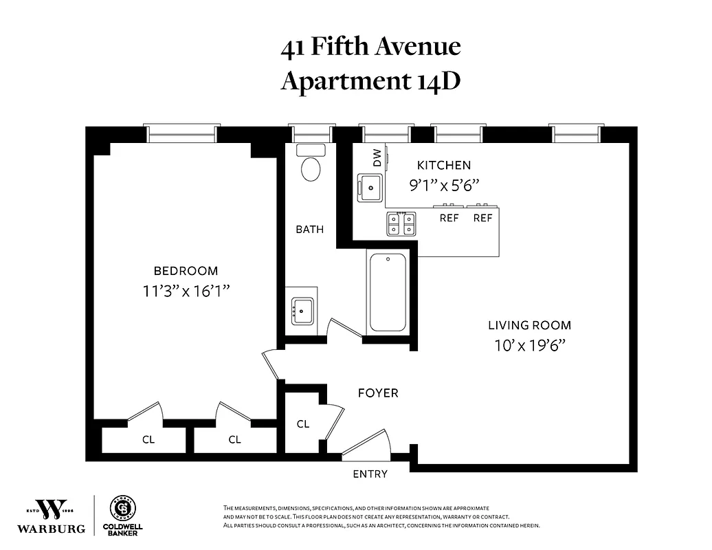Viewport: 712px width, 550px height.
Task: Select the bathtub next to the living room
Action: tap(388, 294)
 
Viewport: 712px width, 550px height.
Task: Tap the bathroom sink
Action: tap(302, 311)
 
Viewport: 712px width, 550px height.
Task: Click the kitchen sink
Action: tap(370, 186)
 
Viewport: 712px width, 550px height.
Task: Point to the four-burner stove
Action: tap(401, 223)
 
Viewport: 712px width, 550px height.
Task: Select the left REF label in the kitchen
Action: tap(449, 218)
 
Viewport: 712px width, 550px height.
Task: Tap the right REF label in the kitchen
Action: tap(483, 218)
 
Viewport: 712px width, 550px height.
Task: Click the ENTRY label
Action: tap(370, 474)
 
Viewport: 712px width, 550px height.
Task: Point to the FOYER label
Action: tap(378, 393)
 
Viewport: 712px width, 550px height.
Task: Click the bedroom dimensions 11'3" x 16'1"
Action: tap(186, 291)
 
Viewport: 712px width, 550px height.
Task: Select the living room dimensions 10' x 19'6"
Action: tap(529, 346)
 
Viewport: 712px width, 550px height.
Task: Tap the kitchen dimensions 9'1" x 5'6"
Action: tap(444, 184)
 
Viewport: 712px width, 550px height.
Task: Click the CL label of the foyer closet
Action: tap(303, 424)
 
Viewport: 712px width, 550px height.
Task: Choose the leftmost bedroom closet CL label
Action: tap(148, 440)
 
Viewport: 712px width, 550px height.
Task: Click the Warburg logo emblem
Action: tap(52, 509)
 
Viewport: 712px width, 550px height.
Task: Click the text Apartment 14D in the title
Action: tap(370, 80)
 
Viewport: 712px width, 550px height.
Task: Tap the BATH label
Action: tap(310, 230)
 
